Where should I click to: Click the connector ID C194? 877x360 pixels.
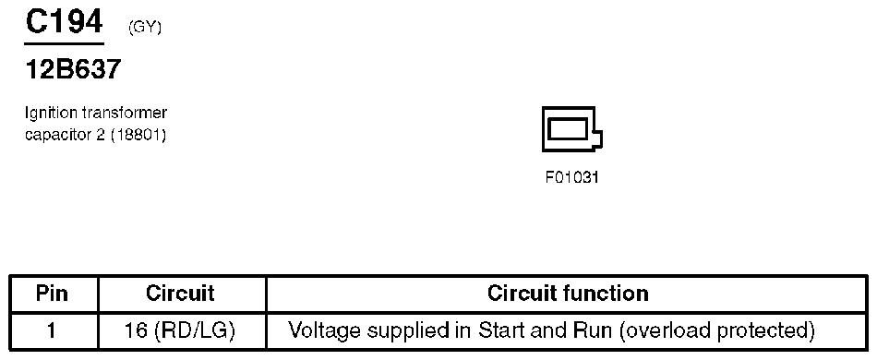(x=64, y=22)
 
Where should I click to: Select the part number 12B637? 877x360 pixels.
(x=73, y=69)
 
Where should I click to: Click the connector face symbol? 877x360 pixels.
(x=572, y=130)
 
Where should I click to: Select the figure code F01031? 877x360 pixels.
(x=572, y=177)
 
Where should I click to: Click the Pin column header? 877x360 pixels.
(x=53, y=294)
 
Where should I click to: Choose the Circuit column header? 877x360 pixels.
(x=180, y=294)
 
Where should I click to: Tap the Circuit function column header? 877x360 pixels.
(x=567, y=294)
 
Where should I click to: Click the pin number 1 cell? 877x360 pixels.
(x=53, y=330)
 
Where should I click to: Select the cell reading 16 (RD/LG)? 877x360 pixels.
(x=180, y=330)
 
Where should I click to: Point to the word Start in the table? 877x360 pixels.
(x=504, y=330)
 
